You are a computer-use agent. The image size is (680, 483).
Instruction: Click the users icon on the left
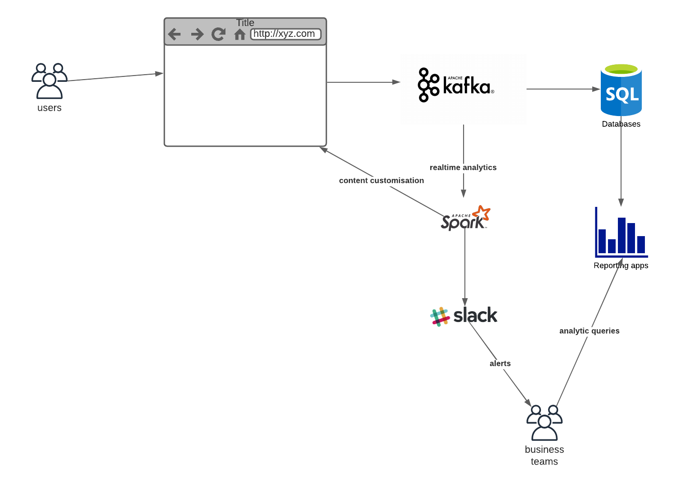[50, 81]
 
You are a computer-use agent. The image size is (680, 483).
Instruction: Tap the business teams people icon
[545, 423]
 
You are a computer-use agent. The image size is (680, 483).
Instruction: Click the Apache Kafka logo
[456, 85]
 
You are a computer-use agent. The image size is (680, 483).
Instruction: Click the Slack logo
[464, 316]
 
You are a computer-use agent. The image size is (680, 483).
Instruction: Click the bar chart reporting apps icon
[621, 233]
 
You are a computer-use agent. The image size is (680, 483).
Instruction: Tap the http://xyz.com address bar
[286, 34]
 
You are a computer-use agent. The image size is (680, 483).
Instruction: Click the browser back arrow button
[174, 34]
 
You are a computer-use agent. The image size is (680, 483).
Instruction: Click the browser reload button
[219, 34]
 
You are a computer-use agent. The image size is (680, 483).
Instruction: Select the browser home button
[240, 35]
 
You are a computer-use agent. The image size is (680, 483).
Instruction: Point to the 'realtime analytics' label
[463, 167]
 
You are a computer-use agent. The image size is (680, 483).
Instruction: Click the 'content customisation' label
[381, 180]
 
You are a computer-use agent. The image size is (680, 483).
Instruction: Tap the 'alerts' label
[500, 363]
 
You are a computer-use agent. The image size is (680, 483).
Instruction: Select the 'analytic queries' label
[589, 331]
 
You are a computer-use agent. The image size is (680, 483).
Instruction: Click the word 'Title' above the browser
[245, 22]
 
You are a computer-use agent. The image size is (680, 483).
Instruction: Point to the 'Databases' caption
[621, 124]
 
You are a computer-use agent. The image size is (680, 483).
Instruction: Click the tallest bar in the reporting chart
[621, 235]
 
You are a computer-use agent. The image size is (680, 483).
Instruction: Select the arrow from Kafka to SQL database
[563, 89]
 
